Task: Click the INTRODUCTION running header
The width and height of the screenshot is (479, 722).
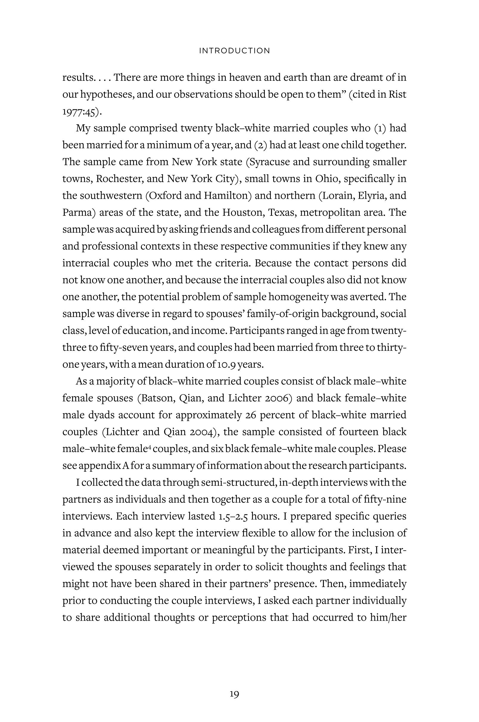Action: click(234, 51)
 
